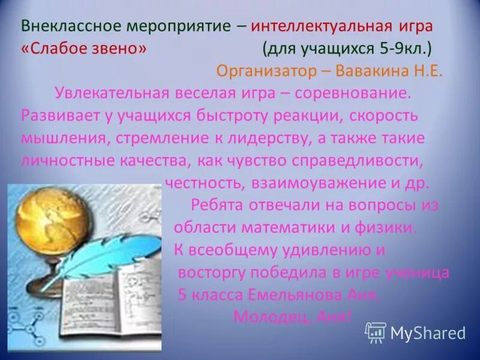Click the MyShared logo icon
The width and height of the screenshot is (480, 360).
[376, 332]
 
